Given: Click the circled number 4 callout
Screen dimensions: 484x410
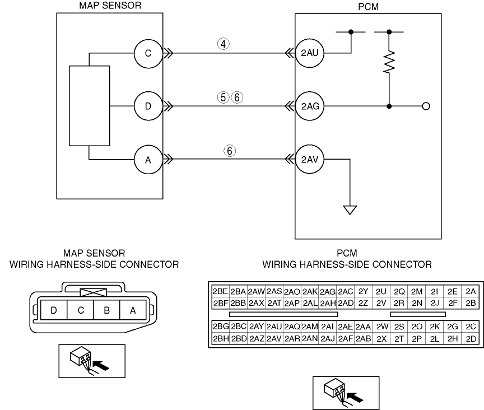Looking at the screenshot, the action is tap(224, 44).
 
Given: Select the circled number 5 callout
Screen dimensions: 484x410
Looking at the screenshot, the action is tap(223, 97).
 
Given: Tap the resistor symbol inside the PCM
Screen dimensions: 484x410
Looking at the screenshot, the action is tap(389, 62).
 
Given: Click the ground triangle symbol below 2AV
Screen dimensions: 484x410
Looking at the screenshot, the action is tap(350, 210).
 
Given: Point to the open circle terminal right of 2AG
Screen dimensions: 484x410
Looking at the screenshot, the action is tap(426, 106).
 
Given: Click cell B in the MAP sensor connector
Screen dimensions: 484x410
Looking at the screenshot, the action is tap(106, 310).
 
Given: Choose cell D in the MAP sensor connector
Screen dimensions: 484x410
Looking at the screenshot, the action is tap(54, 310).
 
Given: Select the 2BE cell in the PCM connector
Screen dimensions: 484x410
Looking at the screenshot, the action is tap(220, 291).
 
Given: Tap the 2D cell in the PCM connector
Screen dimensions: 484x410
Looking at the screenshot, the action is tap(471, 339).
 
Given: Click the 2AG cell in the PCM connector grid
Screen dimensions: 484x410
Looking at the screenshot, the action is tap(328, 291).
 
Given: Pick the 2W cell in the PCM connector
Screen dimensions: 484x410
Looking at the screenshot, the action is tap(381, 327).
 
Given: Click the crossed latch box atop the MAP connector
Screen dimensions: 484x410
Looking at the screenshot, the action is tap(93, 292).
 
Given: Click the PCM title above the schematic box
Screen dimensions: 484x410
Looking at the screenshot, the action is tap(368, 7).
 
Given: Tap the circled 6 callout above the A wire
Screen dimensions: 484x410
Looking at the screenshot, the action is tap(230, 151).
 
